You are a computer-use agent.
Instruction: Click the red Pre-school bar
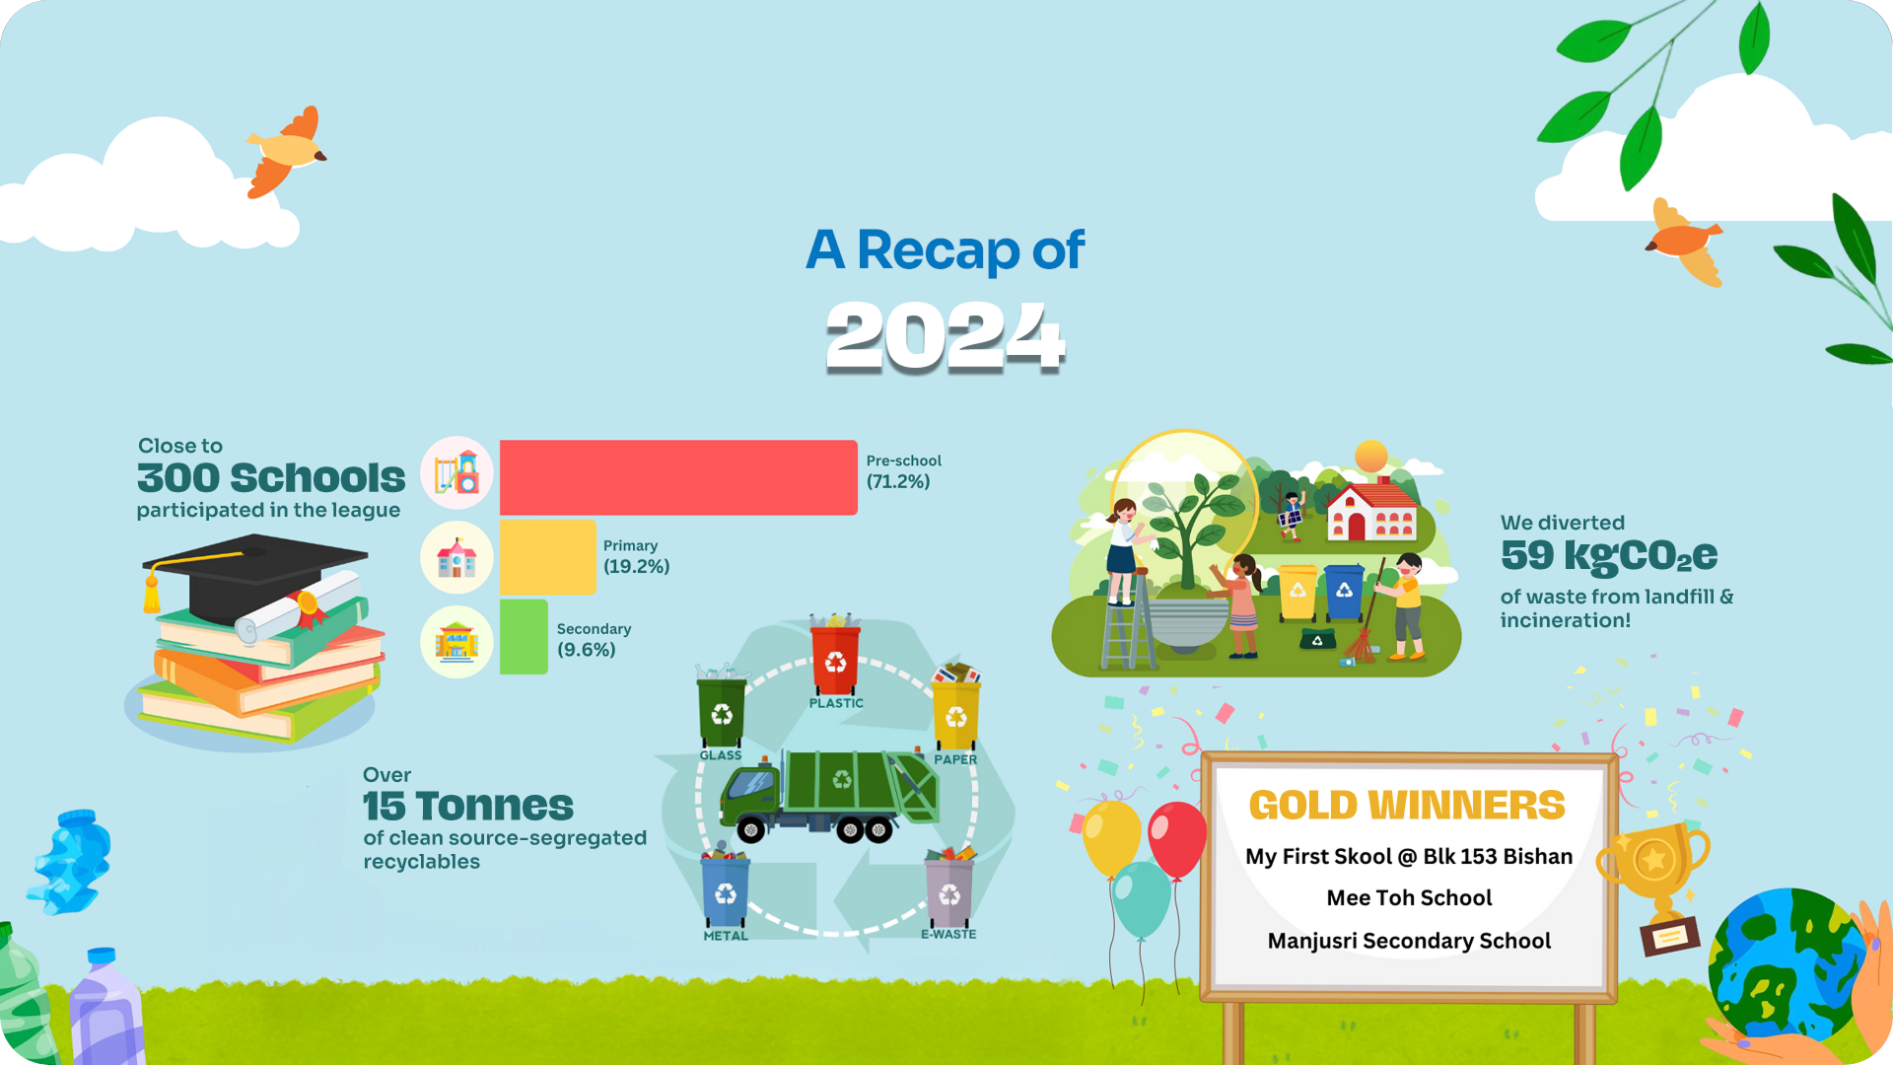tap(678, 477)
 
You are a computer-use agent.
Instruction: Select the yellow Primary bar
tap(548, 557)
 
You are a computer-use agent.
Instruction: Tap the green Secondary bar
tap(524, 637)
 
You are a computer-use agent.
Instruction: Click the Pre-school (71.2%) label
tap(903, 471)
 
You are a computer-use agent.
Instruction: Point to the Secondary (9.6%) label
tap(594, 639)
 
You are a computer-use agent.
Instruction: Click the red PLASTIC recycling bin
tap(835, 654)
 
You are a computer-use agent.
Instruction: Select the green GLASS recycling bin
tap(722, 707)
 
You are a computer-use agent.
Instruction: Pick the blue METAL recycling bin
tap(726, 886)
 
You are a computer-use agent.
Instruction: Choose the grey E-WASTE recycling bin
tap(949, 887)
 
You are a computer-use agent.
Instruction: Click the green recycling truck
tap(829, 796)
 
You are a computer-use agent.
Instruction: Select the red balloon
tap(1177, 838)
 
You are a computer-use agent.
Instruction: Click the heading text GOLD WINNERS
tap(1407, 806)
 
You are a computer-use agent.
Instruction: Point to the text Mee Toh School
tap(1409, 897)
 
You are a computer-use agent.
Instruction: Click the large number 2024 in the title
tap(946, 336)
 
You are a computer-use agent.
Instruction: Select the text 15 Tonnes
tap(467, 806)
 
